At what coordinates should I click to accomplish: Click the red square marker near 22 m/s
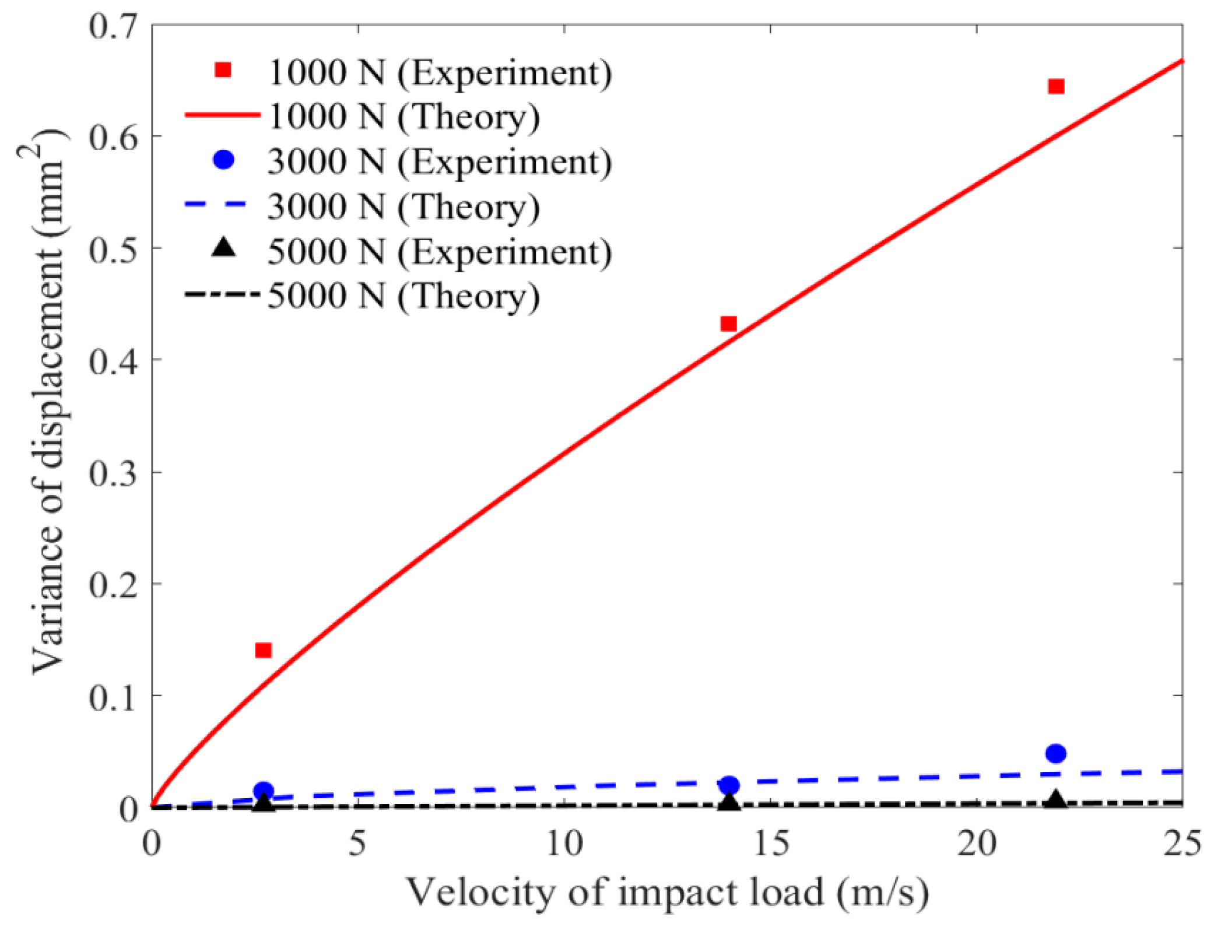(x=1056, y=87)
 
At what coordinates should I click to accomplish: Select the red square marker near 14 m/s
(x=729, y=324)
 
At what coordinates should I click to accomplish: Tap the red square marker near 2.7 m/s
(x=264, y=650)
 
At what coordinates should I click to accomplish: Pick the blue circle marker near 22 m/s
(x=1056, y=753)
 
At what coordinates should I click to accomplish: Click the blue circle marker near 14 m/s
(x=729, y=785)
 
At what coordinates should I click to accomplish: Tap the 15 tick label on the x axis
(x=770, y=845)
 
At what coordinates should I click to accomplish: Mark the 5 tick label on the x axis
(x=357, y=845)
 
